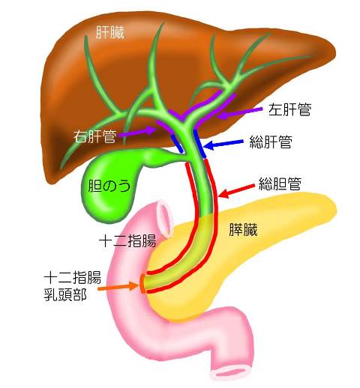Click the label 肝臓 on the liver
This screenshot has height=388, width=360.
(110, 32)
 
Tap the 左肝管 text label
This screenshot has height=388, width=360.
(289, 109)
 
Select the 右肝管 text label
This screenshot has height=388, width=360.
(94, 136)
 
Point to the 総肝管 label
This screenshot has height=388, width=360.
(271, 142)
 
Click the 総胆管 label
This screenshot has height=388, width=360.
(280, 184)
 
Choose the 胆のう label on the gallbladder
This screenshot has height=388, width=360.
(109, 186)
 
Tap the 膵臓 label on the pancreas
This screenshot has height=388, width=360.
(243, 230)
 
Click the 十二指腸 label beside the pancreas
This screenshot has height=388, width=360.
(127, 240)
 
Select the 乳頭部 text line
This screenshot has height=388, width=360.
(65, 294)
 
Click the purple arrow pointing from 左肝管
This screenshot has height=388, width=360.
(240, 112)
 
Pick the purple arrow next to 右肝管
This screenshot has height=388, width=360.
(137, 132)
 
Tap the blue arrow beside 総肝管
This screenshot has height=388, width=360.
(223, 144)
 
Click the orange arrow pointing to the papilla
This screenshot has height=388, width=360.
(118, 287)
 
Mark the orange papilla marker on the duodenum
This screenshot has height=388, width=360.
(142, 283)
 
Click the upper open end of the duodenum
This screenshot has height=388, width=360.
(165, 218)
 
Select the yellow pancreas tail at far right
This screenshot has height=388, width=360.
(313, 208)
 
